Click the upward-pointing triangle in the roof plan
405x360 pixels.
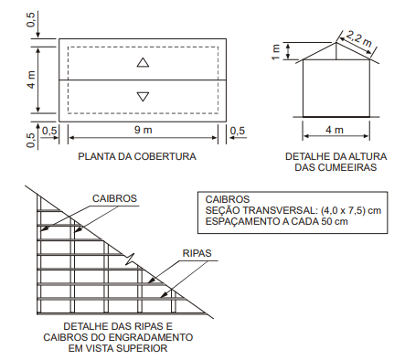(143, 63)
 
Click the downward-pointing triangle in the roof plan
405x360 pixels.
(143, 96)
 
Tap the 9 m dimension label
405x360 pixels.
(143, 130)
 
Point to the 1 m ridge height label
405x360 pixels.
(276, 52)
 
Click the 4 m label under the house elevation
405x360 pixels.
(335, 130)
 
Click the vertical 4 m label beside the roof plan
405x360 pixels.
(31, 79)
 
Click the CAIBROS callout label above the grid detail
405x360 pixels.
(114, 198)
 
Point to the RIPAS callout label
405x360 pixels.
(197, 253)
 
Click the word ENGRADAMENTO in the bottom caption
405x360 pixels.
(151, 337)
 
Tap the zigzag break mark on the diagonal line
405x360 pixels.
(130, 259)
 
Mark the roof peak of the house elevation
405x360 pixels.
(336, 42)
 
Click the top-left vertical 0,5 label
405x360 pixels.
(31, 19)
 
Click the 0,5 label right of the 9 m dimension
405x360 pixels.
(238, 131)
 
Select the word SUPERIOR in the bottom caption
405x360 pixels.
(144, 348)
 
